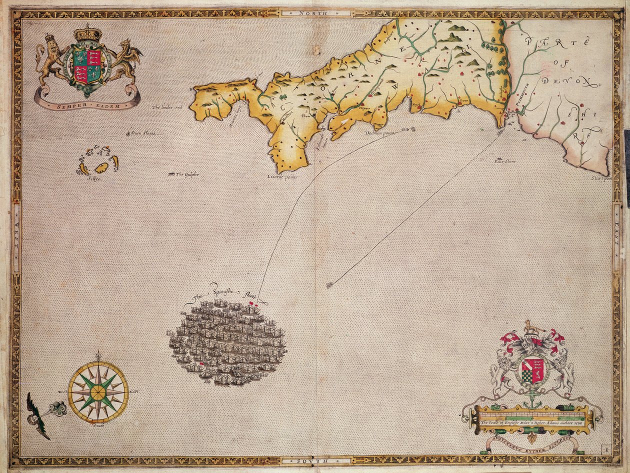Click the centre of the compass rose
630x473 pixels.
pyautogui.click(x=98, y=392)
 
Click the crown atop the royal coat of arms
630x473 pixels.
pyautogui.click(x=87, y=33)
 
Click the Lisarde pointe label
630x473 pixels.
pyautogui.click(x=282, y=177)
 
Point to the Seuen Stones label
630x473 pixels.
pyautogui.click(x=144, y=133)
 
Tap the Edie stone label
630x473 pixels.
pyautogui.click(x=504, y=161)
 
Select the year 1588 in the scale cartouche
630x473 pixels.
pyautogui.click(x=578, y=422)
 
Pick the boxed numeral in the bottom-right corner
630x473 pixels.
pyautogui.click(x=606, y=450)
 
